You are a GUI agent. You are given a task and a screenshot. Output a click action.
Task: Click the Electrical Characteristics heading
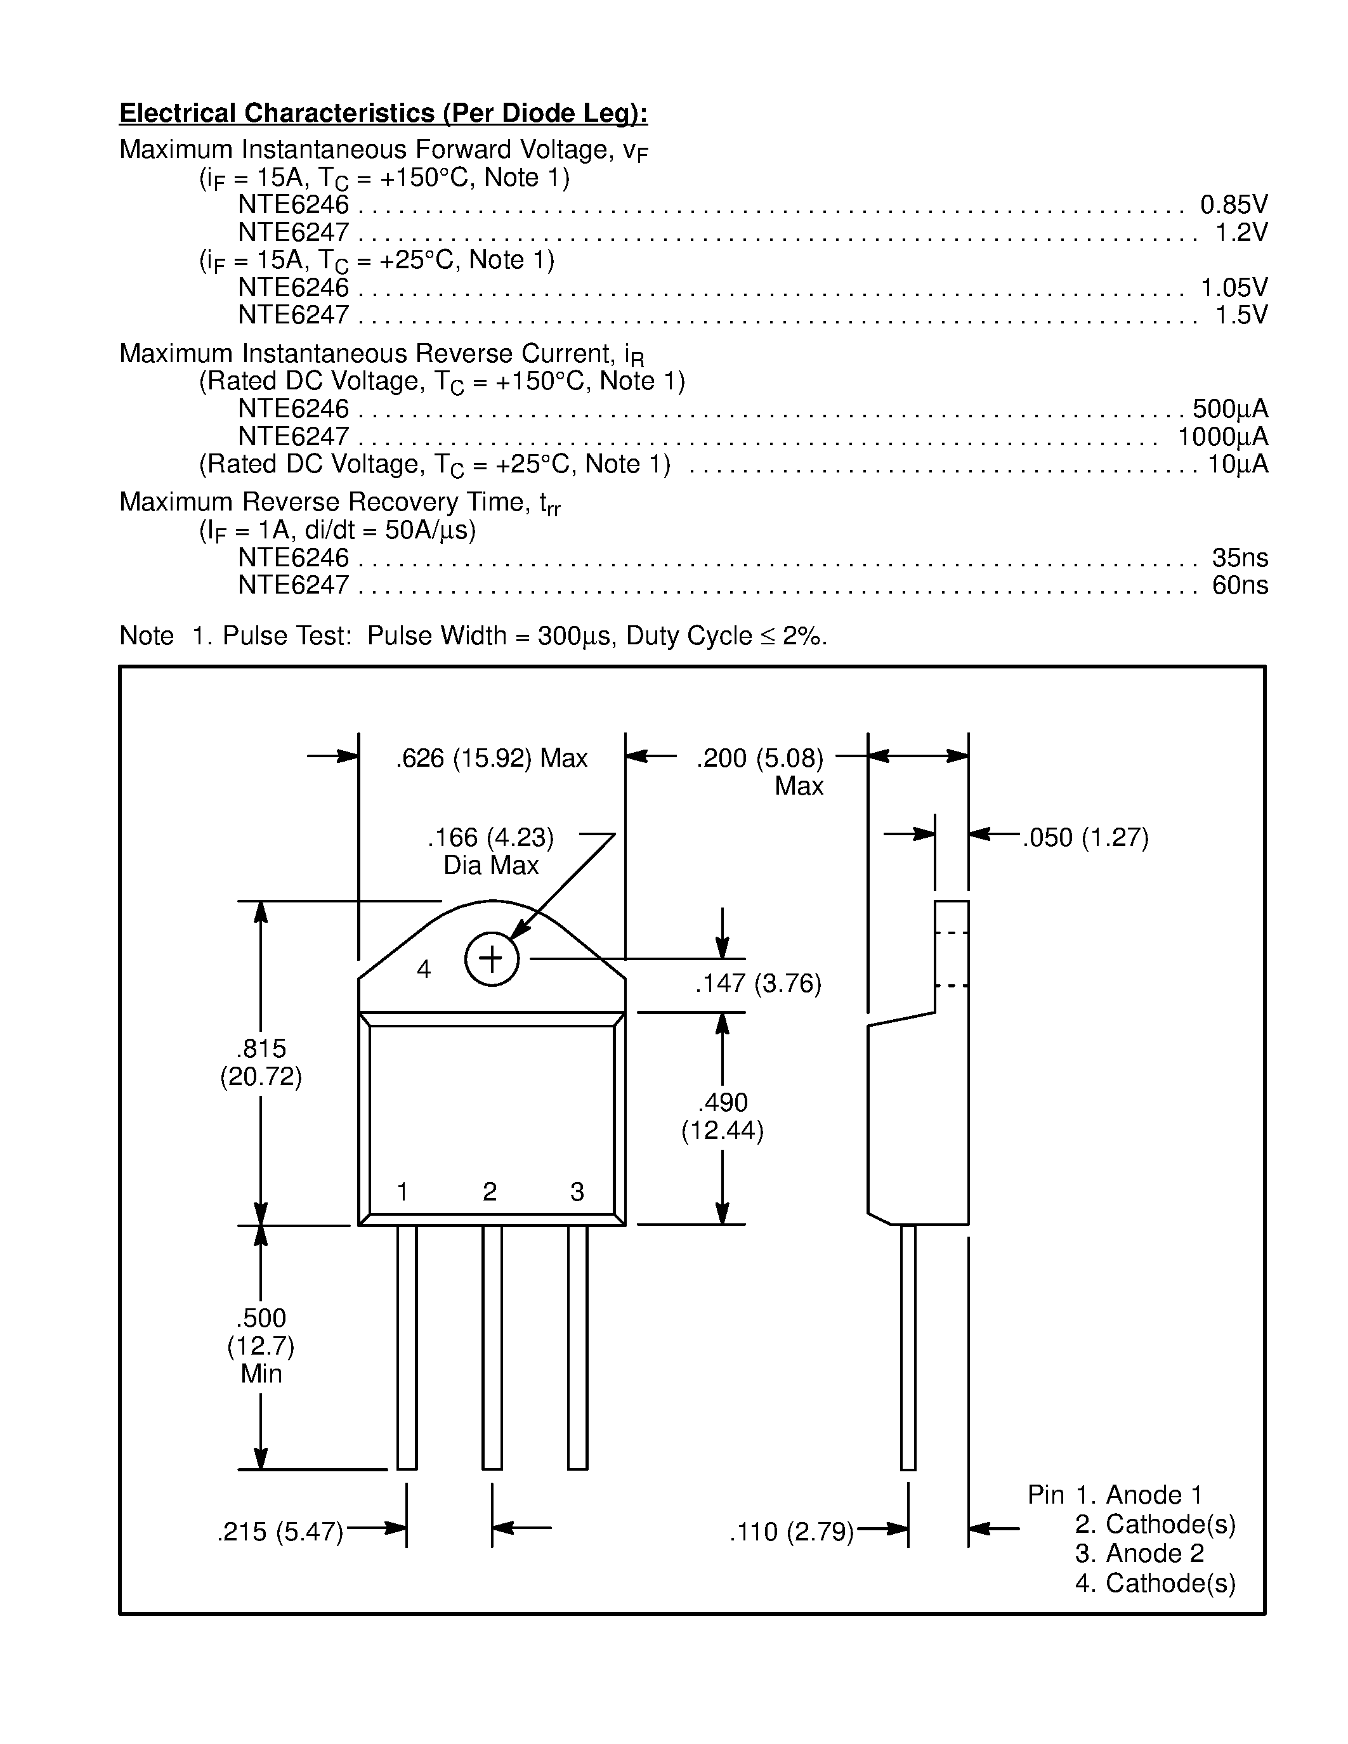pos(383,114)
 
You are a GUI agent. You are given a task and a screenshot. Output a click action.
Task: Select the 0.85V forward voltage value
pos(1233,205)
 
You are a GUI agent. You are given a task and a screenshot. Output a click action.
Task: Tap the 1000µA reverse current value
pos(1222,437)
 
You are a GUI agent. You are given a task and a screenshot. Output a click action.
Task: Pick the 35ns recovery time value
pos(1240,557)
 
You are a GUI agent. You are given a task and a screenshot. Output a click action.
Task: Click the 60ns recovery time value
pos(1240,585)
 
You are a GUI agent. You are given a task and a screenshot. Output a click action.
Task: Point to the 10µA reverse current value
pos(1237,464)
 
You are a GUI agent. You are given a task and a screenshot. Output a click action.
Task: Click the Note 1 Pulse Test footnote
pos(473,635)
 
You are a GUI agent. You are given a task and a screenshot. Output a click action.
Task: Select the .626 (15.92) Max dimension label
pos(491,758)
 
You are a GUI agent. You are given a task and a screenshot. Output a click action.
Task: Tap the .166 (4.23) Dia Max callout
pos(490,850)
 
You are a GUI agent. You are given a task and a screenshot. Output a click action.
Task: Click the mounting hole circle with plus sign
pos(492,958)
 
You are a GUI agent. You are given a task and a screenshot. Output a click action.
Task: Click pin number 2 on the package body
pos(490,1192)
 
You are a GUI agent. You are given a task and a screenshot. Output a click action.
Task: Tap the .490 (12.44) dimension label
pos(723,1116)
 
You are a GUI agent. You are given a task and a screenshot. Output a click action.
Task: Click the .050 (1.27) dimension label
pos(1085,838)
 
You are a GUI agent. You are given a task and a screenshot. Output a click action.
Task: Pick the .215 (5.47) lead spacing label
pos(280,1532)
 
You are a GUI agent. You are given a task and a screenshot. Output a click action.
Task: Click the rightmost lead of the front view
pos(577,1350)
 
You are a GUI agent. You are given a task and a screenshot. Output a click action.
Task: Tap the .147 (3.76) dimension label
pos(758,984)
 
